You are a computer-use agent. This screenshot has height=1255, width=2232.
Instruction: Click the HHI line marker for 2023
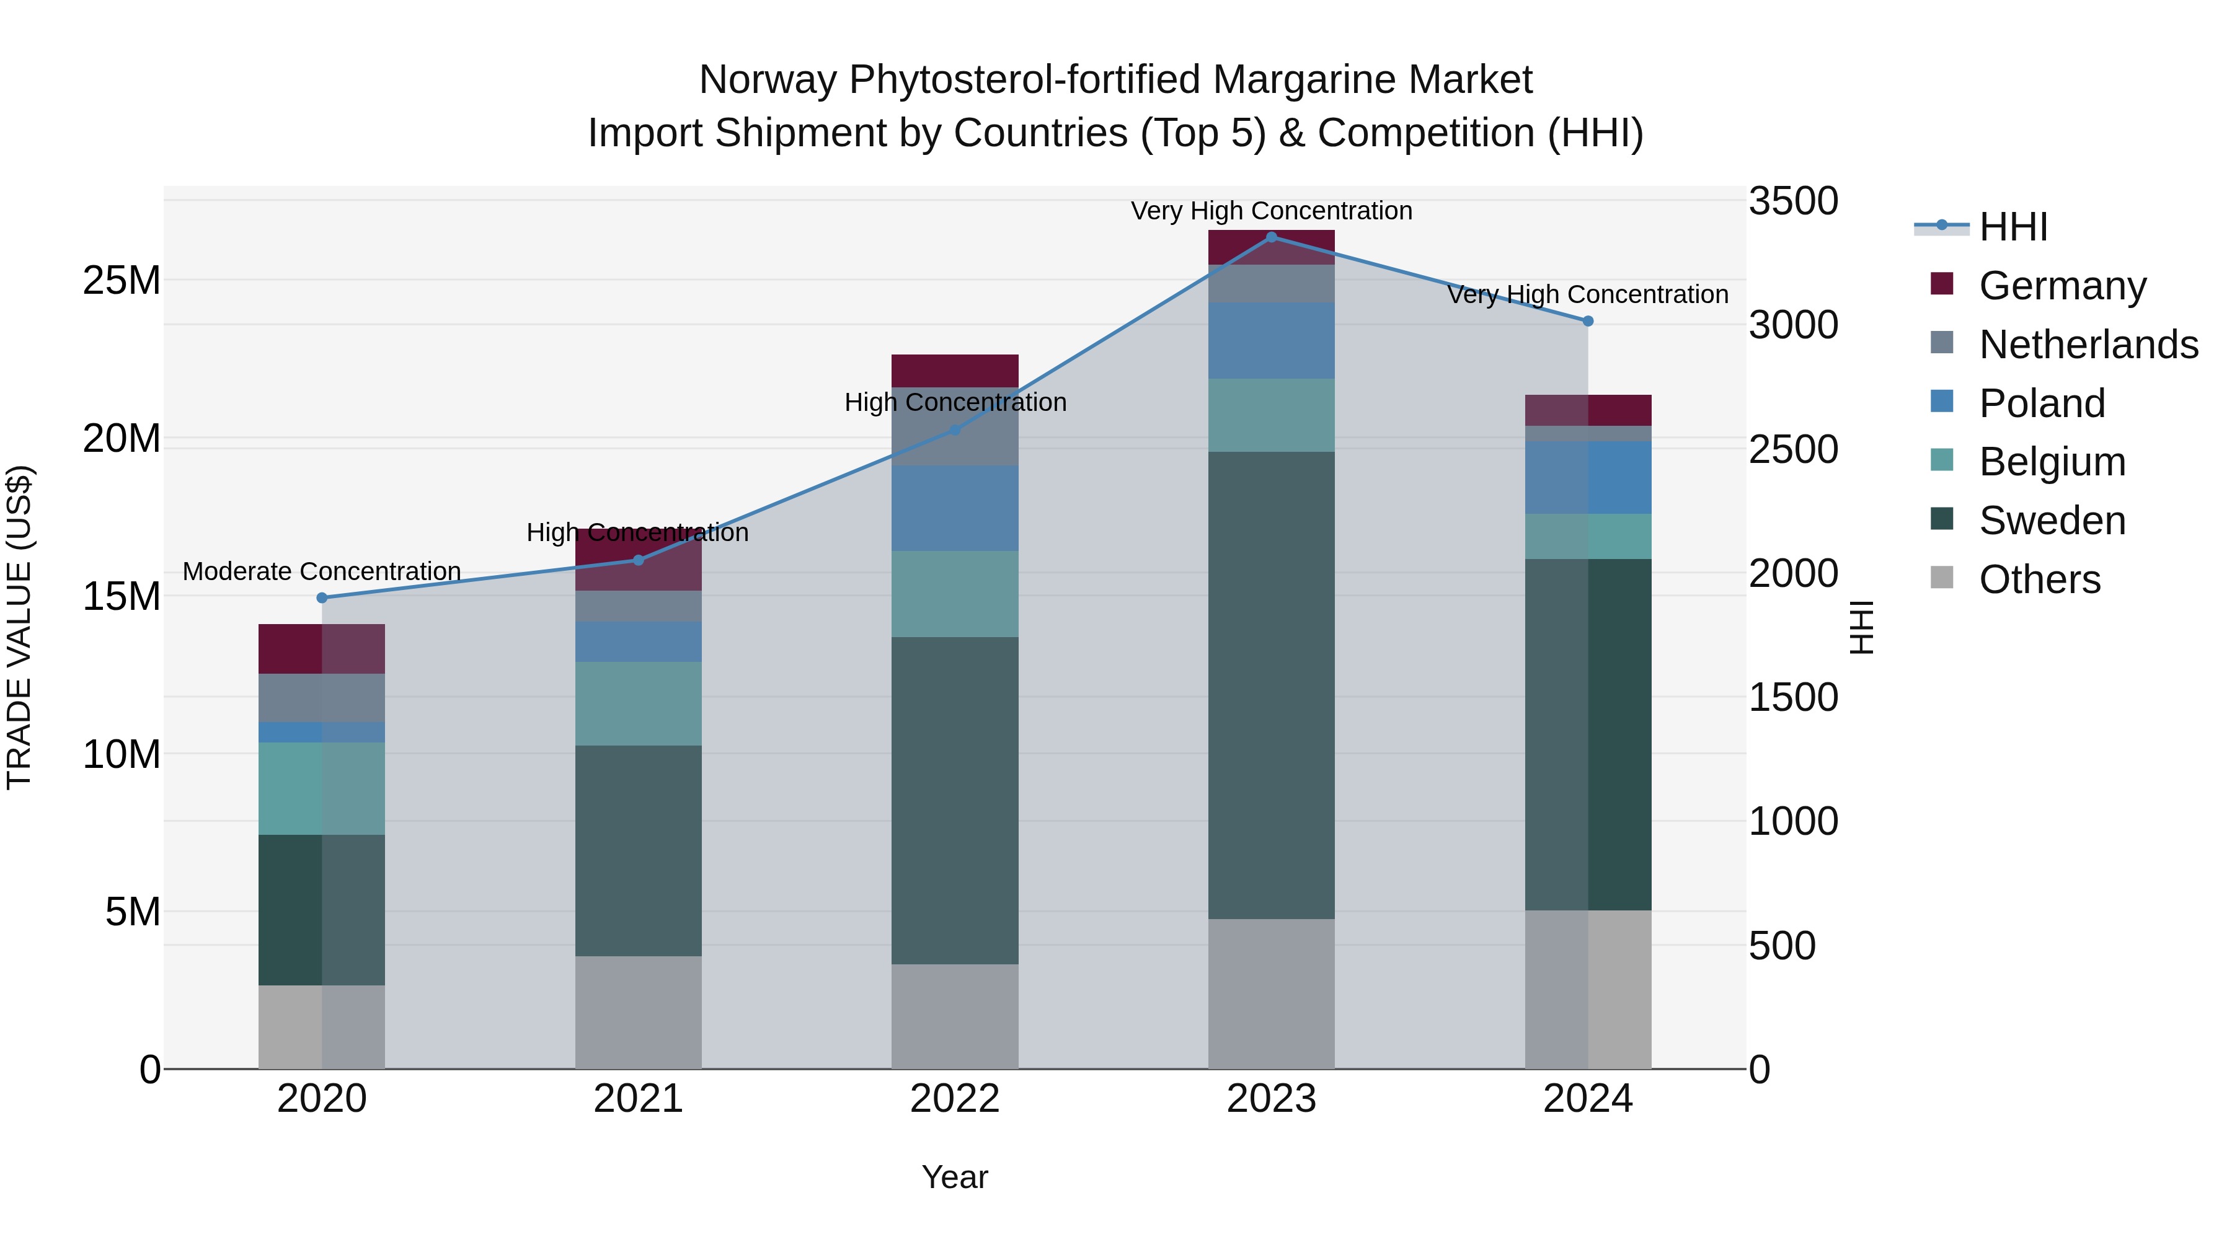(x=1271, y=237)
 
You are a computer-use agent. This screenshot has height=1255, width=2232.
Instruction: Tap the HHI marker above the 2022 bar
(x=955, y=429)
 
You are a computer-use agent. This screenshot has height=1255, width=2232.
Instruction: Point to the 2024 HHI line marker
(x=1587, y=321)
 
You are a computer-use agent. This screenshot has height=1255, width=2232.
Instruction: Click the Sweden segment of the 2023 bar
(x=1271, y=684)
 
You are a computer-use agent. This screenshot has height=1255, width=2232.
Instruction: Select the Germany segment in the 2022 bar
(x=955, y=371)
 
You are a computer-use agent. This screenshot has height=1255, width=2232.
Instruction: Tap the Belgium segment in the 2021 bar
(x=638, y=703)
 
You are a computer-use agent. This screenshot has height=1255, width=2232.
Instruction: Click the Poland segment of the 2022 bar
(x=955, y=508)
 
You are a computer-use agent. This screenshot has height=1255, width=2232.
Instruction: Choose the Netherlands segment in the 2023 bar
(x=1271, y=283)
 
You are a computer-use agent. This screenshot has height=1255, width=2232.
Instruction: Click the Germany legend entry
(x=2062, y=285)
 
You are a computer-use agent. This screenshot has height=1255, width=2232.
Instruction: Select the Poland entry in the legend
(x=2042, y=403)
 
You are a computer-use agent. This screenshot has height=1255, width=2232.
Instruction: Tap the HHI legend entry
(x=2013, y=226)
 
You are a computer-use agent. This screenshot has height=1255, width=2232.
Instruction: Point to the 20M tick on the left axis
(x=122, y=438)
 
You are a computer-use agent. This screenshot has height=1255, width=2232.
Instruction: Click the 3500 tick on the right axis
(x=1792, y=201)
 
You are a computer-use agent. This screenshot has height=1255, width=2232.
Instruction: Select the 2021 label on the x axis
(x=638, y=1099)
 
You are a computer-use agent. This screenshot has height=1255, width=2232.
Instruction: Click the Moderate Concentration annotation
(x=321, y=571)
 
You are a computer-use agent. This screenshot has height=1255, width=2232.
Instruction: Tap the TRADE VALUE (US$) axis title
(x=19, y=627)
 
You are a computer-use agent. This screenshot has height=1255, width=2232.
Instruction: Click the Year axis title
(x=954, y=1177)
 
